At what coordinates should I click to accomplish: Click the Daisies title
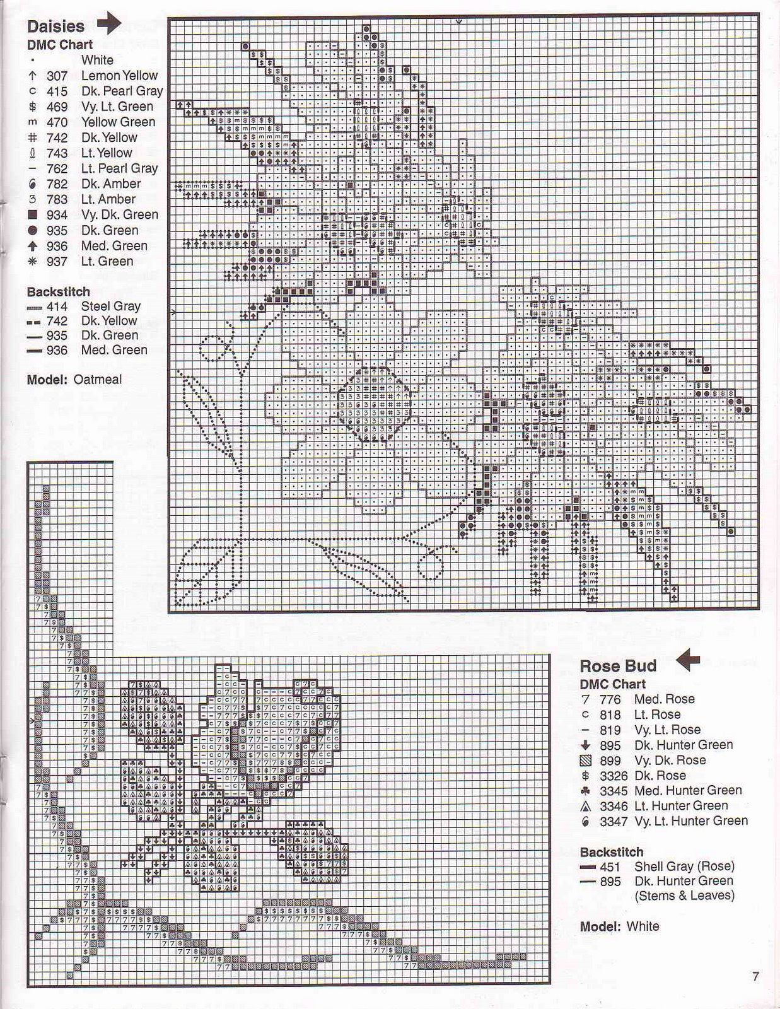pos(55,26)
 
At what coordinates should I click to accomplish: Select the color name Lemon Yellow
pos(119,76)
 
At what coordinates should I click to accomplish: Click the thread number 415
pos(57,91)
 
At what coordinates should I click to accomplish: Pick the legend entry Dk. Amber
pos(111,184)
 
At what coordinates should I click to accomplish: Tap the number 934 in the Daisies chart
pos(57,215)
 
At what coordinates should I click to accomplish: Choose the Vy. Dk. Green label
pos(120,215)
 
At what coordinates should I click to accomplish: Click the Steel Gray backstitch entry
pos(110,306)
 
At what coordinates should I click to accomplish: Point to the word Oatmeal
pos(98,380)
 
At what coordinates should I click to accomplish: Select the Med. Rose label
pos(665,699)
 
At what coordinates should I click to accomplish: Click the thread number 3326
pos(614,776)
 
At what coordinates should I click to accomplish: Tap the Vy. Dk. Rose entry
pos(670,761)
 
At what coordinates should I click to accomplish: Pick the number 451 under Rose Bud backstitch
pos(610,867)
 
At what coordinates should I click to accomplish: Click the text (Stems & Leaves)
pos(685,895)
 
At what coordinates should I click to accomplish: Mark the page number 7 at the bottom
pos(755,977)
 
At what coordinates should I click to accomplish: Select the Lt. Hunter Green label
pos(681,806)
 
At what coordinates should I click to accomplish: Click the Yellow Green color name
pos(118,122)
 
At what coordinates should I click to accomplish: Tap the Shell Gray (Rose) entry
pos(685,867)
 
